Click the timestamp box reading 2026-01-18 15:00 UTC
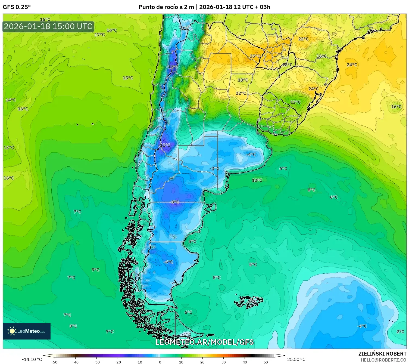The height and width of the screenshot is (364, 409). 48,26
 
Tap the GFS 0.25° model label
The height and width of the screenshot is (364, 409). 17,7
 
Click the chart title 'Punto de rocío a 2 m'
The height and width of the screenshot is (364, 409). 166,7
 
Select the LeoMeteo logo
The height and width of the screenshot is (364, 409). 27,331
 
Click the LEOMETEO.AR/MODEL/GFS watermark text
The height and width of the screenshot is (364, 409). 204,342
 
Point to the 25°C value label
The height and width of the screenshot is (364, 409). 255,56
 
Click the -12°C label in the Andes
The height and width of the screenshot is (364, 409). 172,67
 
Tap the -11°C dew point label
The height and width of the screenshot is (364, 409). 164,145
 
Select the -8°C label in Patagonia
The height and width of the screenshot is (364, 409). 174,202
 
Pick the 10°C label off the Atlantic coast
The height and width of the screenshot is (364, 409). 257,180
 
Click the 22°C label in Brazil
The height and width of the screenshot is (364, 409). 303,39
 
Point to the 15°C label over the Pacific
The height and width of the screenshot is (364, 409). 128,78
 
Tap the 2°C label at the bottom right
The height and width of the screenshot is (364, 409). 400,332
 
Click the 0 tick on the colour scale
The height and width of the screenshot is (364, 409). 160,362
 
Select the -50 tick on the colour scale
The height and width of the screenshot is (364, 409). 54,362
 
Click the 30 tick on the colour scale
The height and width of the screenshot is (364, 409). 223,362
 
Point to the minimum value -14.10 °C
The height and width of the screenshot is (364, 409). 32,359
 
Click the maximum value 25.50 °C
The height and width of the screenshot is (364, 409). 296,359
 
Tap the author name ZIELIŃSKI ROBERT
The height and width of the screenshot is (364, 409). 382,354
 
